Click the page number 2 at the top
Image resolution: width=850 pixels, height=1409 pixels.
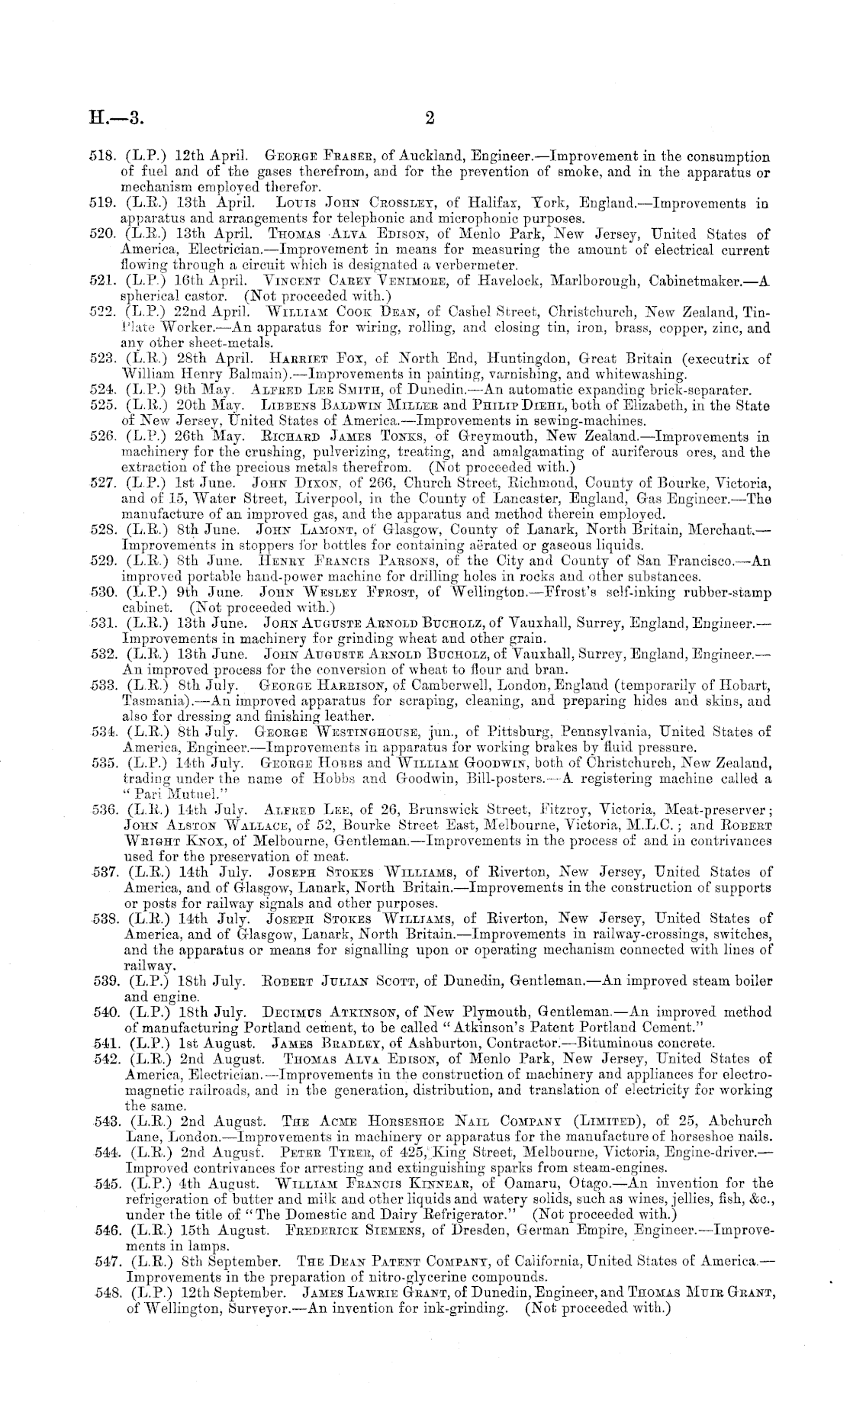pyautogui.click(x=430, y=117)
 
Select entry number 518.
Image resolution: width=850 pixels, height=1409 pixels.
pyautogui.click(x=101, y=157)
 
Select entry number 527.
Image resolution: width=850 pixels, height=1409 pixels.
pyautogui.click(x=101, y=483)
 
